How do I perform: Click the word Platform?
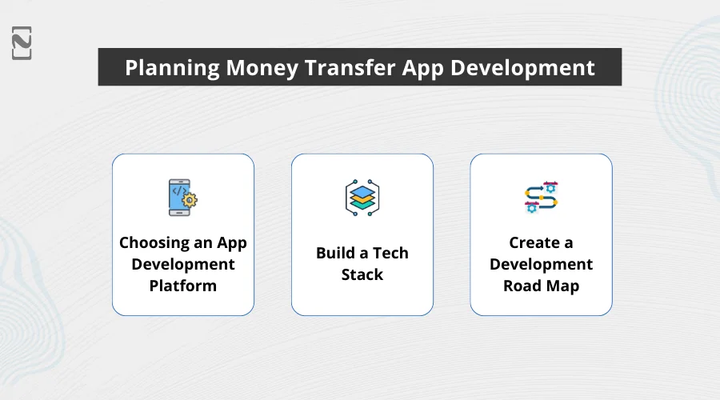(182, 286)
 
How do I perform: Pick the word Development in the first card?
(182, 264)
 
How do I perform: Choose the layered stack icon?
(362, 197)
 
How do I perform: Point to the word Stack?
(362, 275)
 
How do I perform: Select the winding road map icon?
(541, 197)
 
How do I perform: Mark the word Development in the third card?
(541, 264)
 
